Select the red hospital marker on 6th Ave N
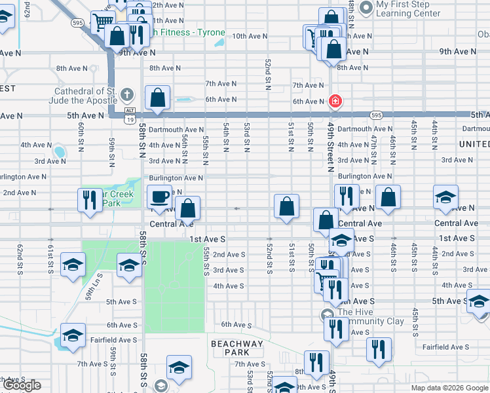click(x=335, y=101)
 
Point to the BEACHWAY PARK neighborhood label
click(x=236, y=348)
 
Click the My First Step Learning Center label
click(x=407, y=9)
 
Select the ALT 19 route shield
click(x=130, y=115)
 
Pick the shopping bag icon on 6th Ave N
click(x=158, y=99)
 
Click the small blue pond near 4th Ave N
click(x=60, y=153)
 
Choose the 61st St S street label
click(x=50, y=259)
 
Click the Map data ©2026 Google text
click(x=449, y=388)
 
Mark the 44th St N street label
click(x=434, y=132)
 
